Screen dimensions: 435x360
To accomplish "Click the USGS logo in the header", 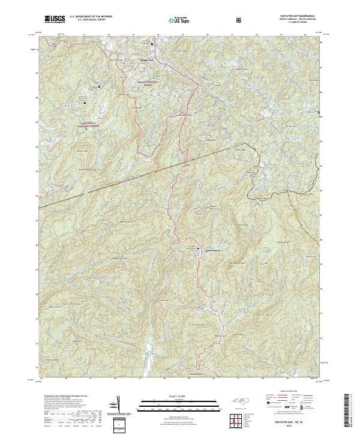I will click(x=55, y=20).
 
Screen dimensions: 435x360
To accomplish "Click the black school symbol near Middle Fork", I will click(x=152, y=44).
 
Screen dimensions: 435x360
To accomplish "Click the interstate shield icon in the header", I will click(x=241, y=20).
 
